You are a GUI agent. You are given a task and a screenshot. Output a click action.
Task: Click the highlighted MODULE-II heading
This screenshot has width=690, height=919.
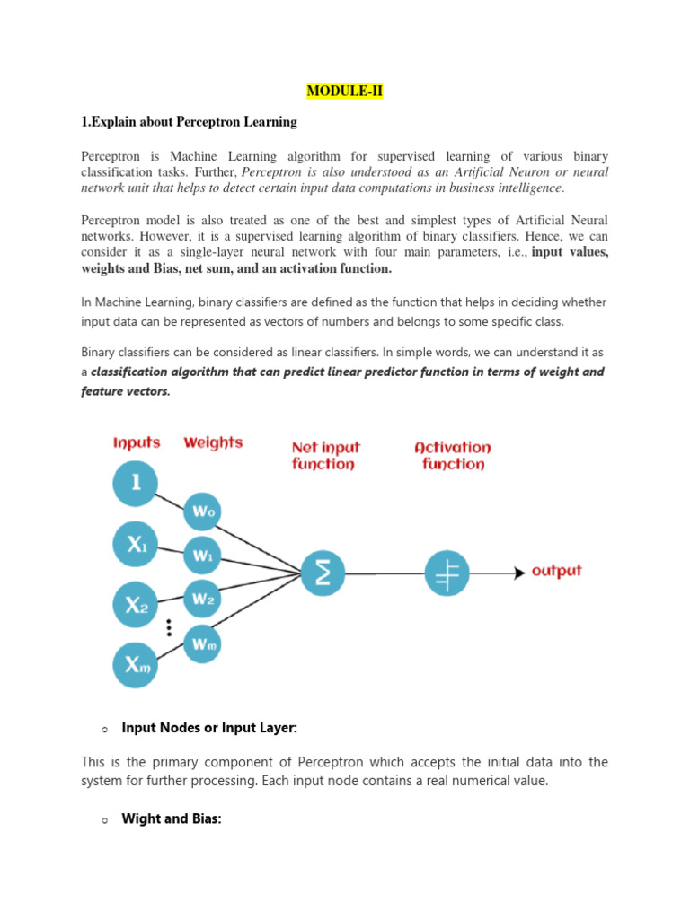[344, 91]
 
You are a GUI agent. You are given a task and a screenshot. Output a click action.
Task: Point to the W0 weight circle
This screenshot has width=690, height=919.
[203, 512]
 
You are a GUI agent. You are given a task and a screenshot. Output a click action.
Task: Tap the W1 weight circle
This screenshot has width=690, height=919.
[203, 556]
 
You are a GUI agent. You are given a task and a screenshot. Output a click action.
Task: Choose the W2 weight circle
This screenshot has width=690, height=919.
[203, 598]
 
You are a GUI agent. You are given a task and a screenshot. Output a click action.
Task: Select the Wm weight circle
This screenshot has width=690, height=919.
[203, 642]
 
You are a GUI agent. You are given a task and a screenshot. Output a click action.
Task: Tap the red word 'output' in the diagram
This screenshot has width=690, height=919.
[557, 571]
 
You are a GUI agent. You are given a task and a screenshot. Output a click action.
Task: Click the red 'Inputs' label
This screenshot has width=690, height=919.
[137, 442]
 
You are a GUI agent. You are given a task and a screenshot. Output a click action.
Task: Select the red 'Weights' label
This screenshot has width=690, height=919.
[213, 442]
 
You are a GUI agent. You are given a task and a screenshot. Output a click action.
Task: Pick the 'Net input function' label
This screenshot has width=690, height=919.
[324, 455]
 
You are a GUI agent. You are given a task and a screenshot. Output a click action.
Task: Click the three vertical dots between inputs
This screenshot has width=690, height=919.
[168, 626]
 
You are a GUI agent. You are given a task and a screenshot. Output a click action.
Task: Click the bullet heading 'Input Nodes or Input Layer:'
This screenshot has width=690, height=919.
[208, 728]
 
